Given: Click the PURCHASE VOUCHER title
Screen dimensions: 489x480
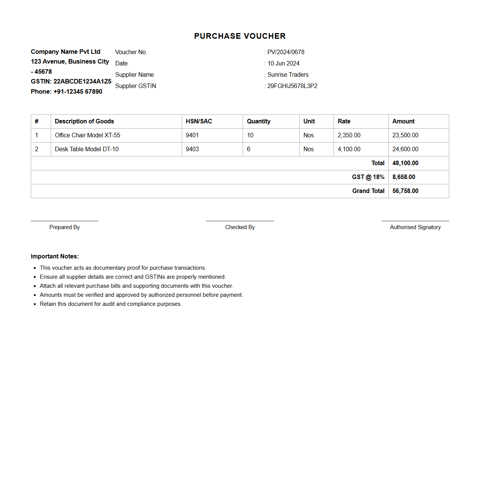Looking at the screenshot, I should [x=240, y=36].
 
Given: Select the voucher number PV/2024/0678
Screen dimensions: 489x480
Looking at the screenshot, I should [x=285, y=52].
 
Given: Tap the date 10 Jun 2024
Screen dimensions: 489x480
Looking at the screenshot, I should [x=283, y=63].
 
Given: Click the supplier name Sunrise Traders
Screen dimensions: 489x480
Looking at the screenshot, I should [x=288, y=74].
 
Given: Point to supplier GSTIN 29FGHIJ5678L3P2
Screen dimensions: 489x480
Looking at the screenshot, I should [x=292, y=86].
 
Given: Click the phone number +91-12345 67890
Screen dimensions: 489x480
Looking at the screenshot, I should [x=78, y=91].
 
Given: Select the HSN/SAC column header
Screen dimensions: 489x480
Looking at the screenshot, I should [x=199, y=121].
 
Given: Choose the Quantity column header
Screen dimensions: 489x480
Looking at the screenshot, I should [x=258, y=121].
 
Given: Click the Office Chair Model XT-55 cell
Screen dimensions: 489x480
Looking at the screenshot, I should [x=88, y=135].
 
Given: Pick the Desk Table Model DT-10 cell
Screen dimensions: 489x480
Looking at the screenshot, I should [x=87, y=149].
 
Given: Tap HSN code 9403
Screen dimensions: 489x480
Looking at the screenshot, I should [x=192, y=149].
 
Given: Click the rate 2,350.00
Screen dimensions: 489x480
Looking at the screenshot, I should [x=349, y=135].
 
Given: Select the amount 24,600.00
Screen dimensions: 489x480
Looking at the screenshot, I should [x=405, y=149].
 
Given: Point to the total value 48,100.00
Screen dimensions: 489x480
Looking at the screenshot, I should [x=405, y=163].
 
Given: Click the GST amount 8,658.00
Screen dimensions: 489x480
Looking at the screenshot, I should [x=404, y=177].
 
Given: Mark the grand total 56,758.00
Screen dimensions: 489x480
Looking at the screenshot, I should [x=405, y=191].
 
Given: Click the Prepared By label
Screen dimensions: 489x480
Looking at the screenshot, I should [x=65, y=227].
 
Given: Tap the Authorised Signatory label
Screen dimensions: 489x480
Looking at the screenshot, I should [x=415, y=227].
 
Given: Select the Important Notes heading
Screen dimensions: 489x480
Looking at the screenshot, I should [x=55, y=256].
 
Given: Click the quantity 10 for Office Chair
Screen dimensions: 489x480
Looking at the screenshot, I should [x=250, y=135].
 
